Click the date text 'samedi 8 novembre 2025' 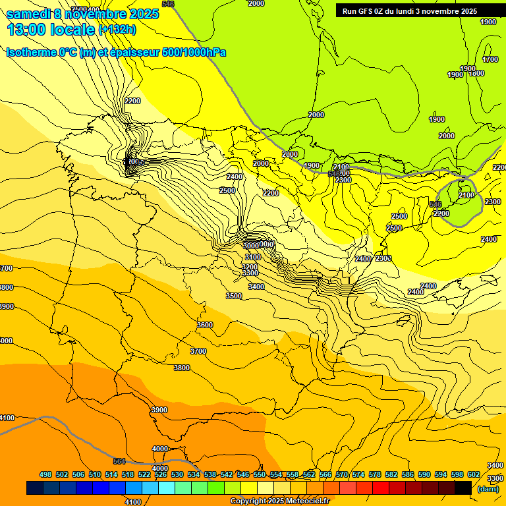pyautogui.click(x=82, y=14)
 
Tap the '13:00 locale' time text pyautogui.click(x=50, y=29)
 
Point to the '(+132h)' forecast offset pyautogui.click(x=117, y=29)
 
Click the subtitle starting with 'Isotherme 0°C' pyautogui.click(x=115, y=52)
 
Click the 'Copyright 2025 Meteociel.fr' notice pyautogui.click(x=279, y=501)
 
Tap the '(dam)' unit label pyautogui.click(x=487, y=489)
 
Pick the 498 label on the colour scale pyautogui.click(x=45, y=474)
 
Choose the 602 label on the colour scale pyautogui.click(x=474, y=474)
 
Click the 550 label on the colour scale pyautogui.click(x=260, y=474)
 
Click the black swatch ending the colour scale pyautogui.click(x=463, y=488)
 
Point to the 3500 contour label pyautogui.click(x=234, y=296)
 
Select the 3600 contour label pyautogui.click(x=205, y=325)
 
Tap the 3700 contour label pyautogui.click(x=198, y=351)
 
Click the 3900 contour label pyautogui.click(x=159, y=410)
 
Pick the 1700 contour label pyautogui.click(x=490, y=59)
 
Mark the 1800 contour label pyautogui.click(x=476, y=74)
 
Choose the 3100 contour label pyautogui.click(x=252, y=257)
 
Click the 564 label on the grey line pyautogui.click(x=119, y=461)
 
